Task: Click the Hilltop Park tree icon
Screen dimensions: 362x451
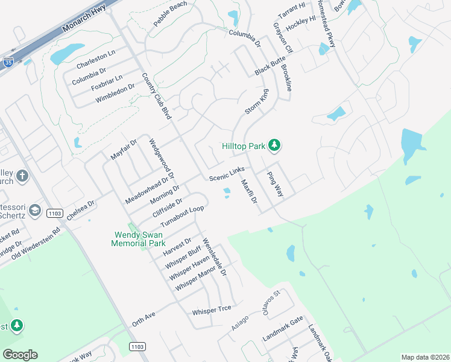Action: click(274, 145)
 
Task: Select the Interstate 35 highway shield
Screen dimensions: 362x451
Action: click(8, 62)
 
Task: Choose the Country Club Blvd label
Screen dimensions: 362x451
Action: click(154, 96)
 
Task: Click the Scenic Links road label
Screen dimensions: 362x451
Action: click(227, 176)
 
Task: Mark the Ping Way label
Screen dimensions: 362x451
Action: click(275, 183)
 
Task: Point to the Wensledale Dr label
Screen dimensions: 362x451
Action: click(215, 256)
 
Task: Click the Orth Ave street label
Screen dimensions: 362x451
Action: click(144, 319)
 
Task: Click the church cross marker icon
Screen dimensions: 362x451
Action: click(22, 176)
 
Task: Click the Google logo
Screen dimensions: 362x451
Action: click(20, 355)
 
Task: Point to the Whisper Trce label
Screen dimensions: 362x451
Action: click(211, 310)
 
